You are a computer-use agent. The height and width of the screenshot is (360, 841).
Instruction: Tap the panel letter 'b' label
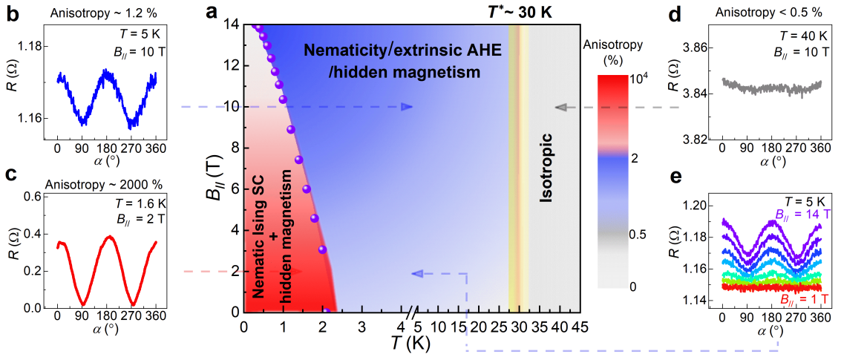(11, 13)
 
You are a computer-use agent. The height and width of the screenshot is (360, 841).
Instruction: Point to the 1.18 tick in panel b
(38, 47)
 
